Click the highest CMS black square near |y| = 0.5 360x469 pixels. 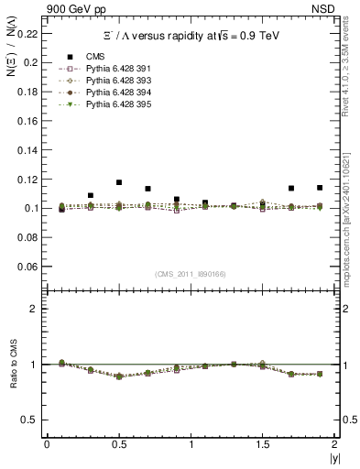(119, 182)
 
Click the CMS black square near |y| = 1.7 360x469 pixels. (290, 188)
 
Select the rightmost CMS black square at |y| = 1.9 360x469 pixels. (320, 188)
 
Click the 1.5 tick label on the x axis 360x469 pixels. (262, 444)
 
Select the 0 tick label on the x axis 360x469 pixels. (47, 444)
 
